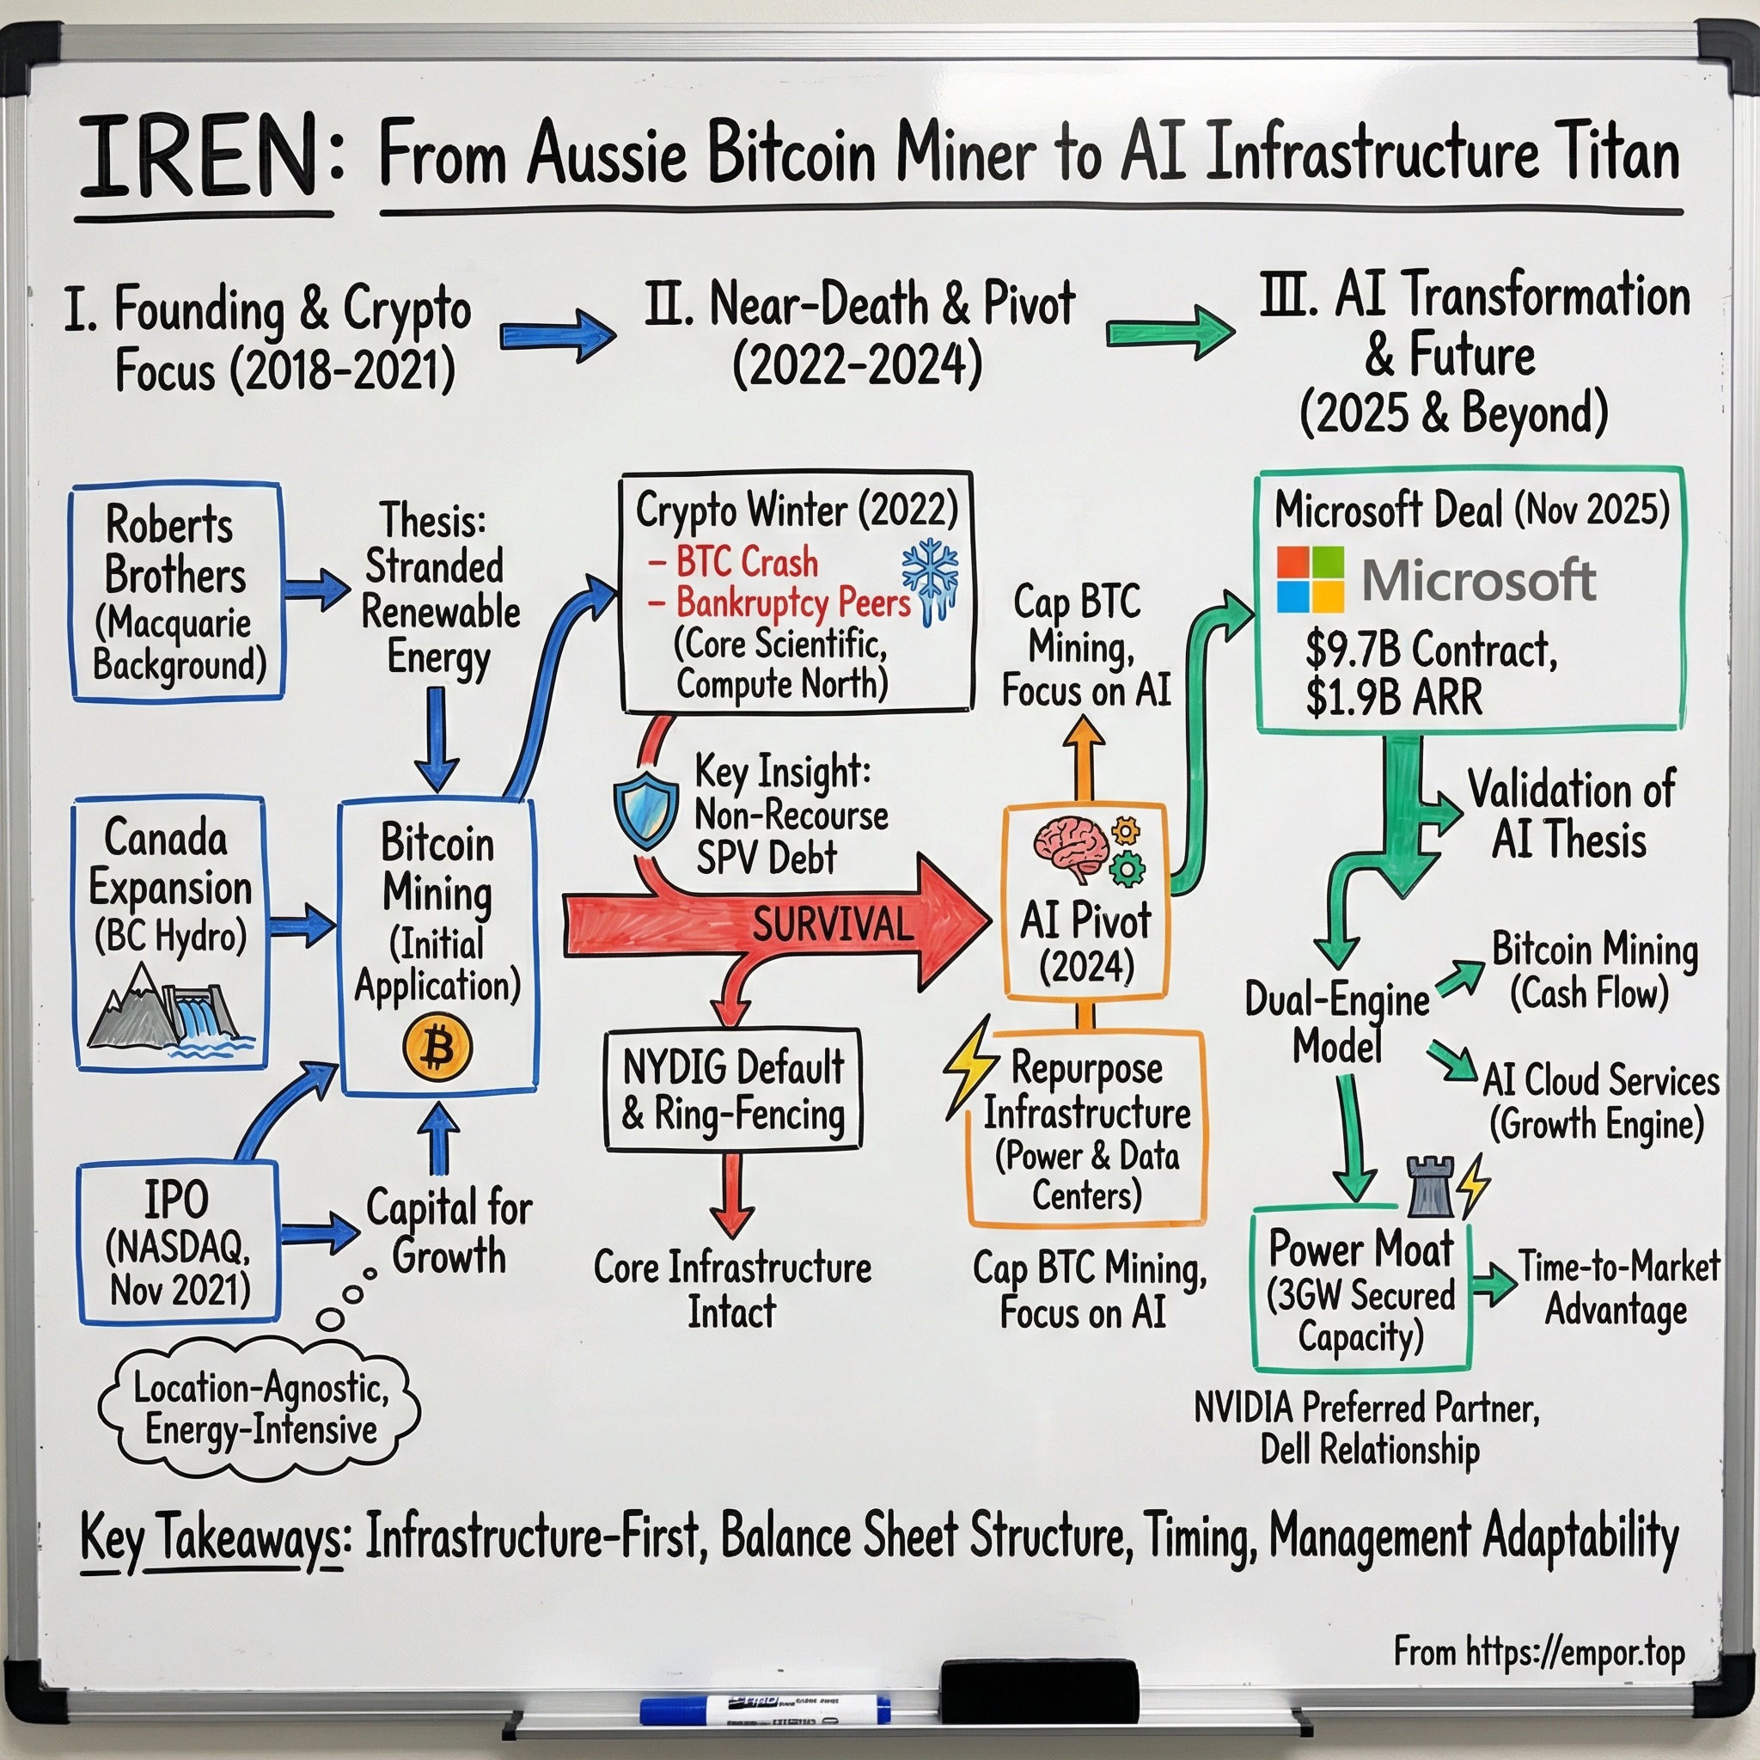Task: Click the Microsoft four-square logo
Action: pos(1310,579)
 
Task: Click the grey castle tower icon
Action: pos(1430,1187)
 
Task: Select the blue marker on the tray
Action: pos(764,1711)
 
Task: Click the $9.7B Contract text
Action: pos(1431,650)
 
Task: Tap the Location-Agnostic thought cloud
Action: pos(260,1409)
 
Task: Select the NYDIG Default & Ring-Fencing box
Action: pos(732,1090)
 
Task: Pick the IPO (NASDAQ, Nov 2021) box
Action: pos(179,1243)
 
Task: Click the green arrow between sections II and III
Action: pos(1170,333)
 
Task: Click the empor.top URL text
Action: pos(1538,1652)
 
